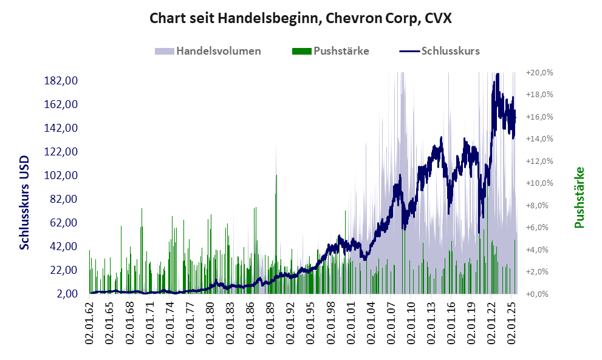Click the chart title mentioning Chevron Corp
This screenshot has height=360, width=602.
pyautogui.click(x=300, y=18)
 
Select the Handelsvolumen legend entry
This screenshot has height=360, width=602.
pyautogui.click(x=218, y=51)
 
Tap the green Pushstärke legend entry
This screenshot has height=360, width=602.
pyautogui.click(x=340, y=51)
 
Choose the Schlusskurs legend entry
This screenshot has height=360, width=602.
pyautogui.click(x=450, y=51)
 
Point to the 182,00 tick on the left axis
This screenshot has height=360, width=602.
pyautogui.click(x=63, y=81)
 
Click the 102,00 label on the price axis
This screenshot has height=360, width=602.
pyautogui.click(x=63, y=175)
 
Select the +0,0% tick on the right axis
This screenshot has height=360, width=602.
pyautogui.click(x=539, y=294)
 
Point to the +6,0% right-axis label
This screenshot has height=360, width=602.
pyautogui.click(x=539, y=227)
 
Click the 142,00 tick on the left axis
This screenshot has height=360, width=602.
pyautogui.click(x=63, y=128)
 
